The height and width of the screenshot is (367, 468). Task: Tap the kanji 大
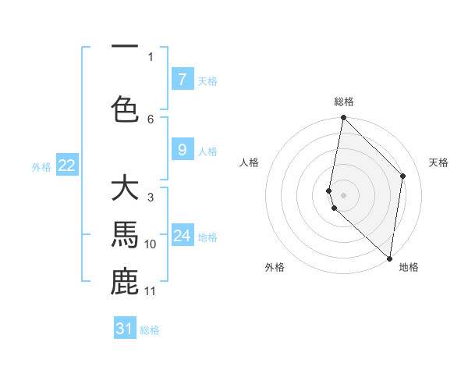pyautogui.click(x=125, y=189)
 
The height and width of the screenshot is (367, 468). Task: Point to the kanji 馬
pyautogui.click(x=125, y=233)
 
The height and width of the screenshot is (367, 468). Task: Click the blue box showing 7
pyautogui.click(x=182, y=80)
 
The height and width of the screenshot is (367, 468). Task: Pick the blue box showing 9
pyautogui.click(x=182, y=150)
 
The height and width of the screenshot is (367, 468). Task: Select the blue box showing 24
pyautogui.click(x=182, y=236)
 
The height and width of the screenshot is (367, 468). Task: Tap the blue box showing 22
pyautogui.click(x=66, y=166)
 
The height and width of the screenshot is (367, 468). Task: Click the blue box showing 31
pyautogui.click(x=125, y=329)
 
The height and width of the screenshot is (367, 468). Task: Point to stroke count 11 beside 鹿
pyautogui.click(x=151, y=291)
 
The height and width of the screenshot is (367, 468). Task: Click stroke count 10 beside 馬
pyautogui.click(x=151, y=244)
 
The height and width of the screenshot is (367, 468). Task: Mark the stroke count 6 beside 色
pyautogui.click(x=151, y=119)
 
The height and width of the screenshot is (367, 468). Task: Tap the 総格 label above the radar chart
pyautogui.click(x=343, y=102)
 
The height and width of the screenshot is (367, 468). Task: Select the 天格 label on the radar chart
pyautogui.click(x=438, y=162)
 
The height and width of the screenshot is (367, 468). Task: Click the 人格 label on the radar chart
pyautogui.click(x=249, y=162)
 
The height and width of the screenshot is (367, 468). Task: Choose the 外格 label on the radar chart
pyautogui.click(x=275, y=267)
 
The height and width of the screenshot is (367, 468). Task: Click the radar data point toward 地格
pyautogui.click(x=389, y=258)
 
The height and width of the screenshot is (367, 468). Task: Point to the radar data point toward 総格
pyautogui.click(x=343, y=118)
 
